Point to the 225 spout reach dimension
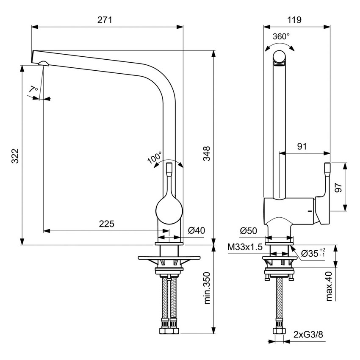[x=107, y=224]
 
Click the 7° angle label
[x=33, y=89]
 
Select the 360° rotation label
[x=281, y=36]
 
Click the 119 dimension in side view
[x=294, y=19]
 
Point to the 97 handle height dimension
[x=338, y=187]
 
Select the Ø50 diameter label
[x=249, y=231]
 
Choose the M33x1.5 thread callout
[x=245, y=246]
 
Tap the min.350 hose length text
[x=207, y=288]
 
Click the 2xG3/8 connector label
[x=308, y=335]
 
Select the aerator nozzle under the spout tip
[x=43, y=64]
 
